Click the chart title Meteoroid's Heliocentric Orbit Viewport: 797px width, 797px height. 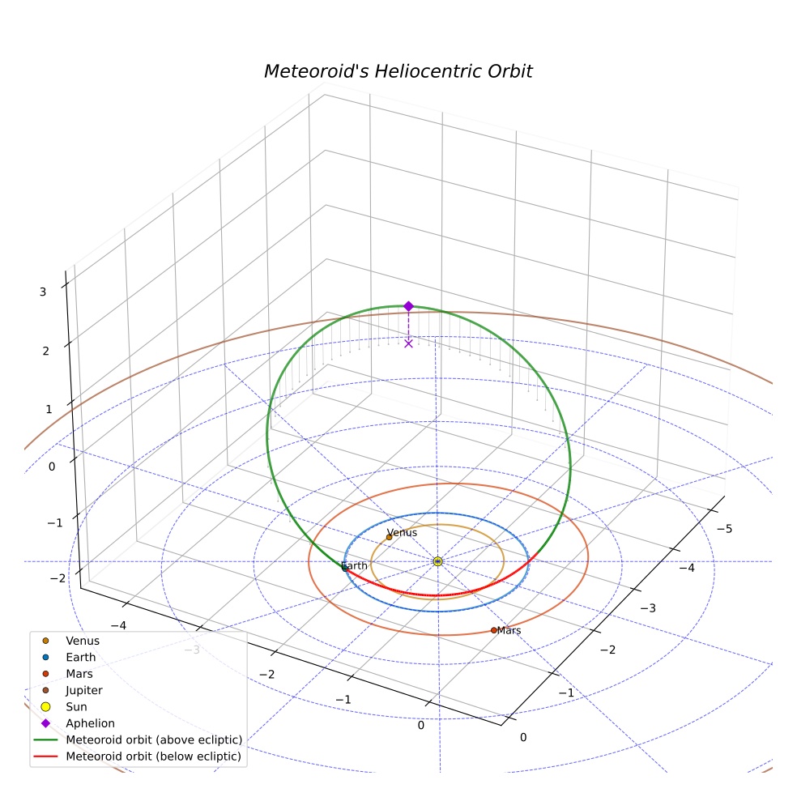pyautogui.click(x=398, y=71)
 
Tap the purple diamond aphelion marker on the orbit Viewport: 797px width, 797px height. pyautogui.click(x=409, y=306)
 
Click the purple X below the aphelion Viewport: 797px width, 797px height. pyautogui.click(x=409, y=343)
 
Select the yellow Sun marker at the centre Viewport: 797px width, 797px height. pyautogui.click(x=437, y=561)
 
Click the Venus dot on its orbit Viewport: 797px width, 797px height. pyautogui.click(x=390, y=537)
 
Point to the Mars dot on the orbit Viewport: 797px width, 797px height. pyautogui.click(x=493, y=630)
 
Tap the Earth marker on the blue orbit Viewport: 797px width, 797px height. pyautogui.click(x=345, y=569)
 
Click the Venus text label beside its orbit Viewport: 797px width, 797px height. pyautogui.click(x=402, y=533)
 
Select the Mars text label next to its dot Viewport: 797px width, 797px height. pyautogui.click(x=509, y=630)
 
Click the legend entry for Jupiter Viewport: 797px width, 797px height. pyautogui.click(x=84, y=690)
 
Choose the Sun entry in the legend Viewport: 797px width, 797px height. pyautogui.click(x=76, y=706)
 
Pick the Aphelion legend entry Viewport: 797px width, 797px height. pyautogui.click(x=90, y=723)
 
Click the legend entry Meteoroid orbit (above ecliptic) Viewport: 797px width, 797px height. pyautogui.click(x=154, y=739)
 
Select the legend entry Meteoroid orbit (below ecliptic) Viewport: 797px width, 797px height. pyautogui.click(x=154, y=757)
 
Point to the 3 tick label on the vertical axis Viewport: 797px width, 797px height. pyautogui.click(x=43, y=292)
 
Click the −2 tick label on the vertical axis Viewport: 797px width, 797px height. pyautogui.click(x=58, y=578)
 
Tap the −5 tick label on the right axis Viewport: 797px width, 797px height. pyautogui.click(x=724, y=529)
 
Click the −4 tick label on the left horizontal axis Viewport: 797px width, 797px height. pyautogui.click(x=118, y=626)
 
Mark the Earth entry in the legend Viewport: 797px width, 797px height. pyautogui.click(x=81, y=657)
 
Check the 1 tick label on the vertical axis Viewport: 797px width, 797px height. pyautogui.click(x=49, y=409)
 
